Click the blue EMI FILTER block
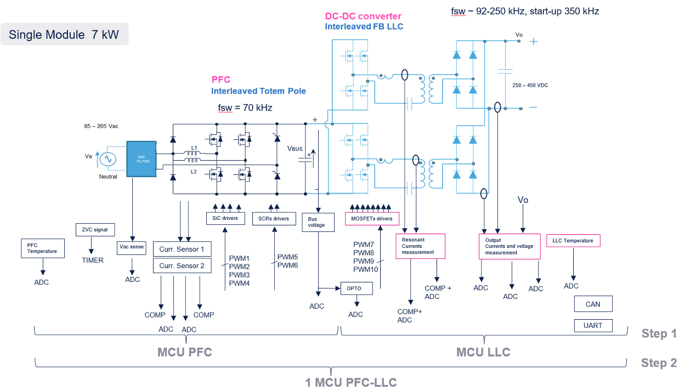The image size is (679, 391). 142,159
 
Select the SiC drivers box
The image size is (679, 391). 225,218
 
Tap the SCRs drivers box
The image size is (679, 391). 274,219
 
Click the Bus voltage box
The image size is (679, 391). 318,222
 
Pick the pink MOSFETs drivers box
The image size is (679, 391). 372,219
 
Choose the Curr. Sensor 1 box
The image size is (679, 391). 182,249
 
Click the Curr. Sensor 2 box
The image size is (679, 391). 182,265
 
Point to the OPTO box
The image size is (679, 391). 357,288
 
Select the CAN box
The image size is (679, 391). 593,304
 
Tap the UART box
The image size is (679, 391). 593,326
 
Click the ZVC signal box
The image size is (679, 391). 95,230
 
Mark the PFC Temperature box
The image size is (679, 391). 43,248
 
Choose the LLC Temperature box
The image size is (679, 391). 573,241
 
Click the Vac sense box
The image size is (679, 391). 132,248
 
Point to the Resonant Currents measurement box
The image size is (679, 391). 421,246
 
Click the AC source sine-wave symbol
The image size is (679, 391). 108,159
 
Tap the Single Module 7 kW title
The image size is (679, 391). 64,34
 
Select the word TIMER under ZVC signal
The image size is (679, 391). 93,260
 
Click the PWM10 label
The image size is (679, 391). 366,269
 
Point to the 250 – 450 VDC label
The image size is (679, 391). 530,86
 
